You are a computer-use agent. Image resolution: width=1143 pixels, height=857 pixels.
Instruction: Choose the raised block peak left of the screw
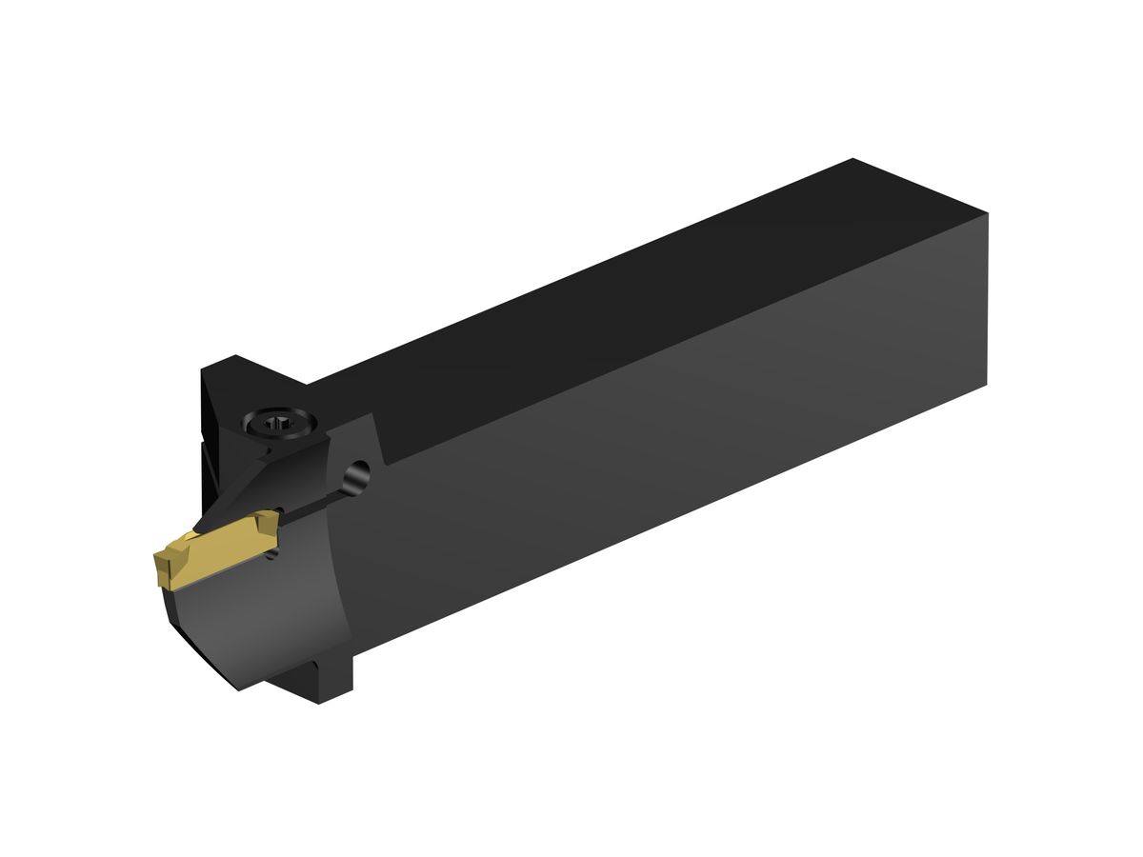(x=233, y=360)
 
